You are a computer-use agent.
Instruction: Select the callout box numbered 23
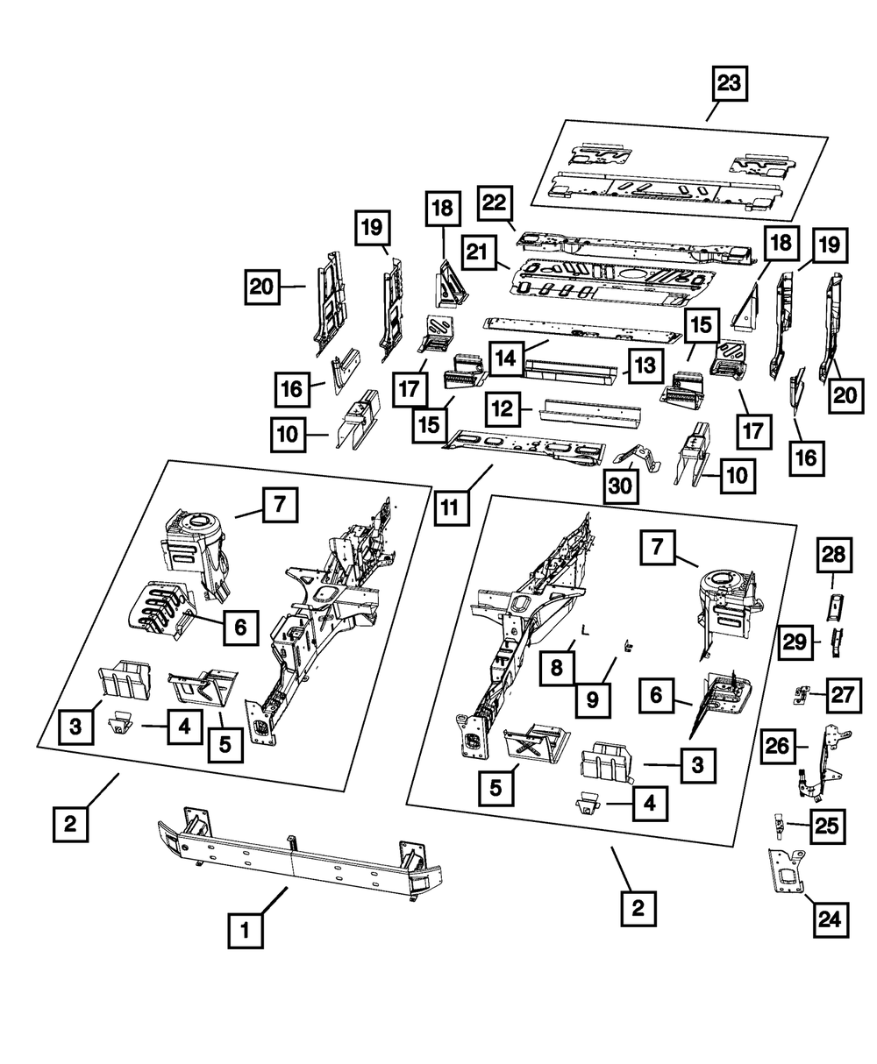(729, 85)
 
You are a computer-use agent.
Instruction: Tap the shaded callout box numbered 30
(621, 485)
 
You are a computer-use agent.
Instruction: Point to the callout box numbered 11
(450, 507)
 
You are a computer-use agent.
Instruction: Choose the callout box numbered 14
(506, 358)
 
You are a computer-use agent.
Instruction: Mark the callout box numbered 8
(559, 669)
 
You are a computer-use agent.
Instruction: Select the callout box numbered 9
(593, 699)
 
